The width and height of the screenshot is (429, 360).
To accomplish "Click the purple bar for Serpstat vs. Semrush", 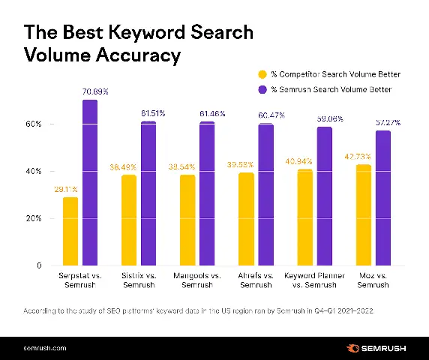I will pos(90,183).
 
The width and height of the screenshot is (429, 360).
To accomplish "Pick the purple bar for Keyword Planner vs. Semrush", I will pos(324,196).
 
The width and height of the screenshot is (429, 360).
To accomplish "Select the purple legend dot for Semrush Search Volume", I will pos(262,89).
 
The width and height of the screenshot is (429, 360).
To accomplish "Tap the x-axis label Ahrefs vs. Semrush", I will pos(256,281).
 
